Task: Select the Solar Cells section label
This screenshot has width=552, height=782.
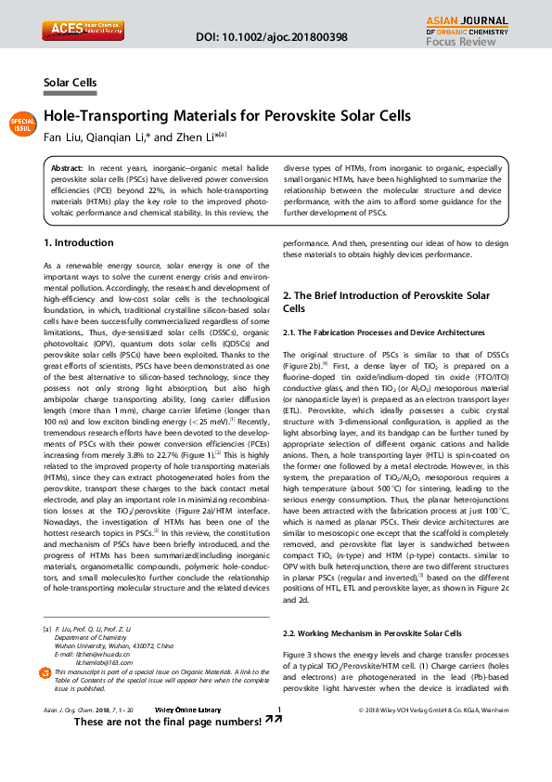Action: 71,84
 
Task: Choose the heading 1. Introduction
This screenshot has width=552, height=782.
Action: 79,243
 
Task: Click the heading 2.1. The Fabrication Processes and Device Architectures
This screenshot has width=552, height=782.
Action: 383,332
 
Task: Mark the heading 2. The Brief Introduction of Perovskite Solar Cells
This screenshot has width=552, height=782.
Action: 386,302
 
